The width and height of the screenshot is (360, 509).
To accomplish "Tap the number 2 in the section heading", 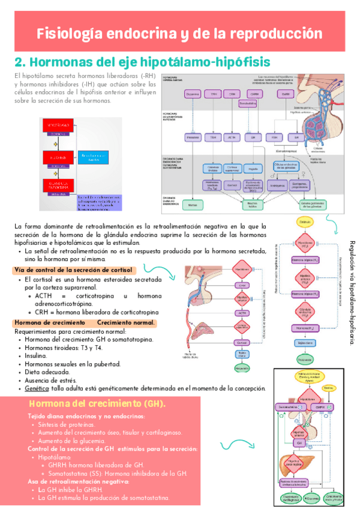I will pyautogui.click(x=18, y=62).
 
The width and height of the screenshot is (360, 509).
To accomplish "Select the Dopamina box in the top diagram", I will pyautogui.click(x=193, y=94).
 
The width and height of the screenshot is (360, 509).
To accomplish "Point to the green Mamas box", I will pyautogui.click(x=193, y=205).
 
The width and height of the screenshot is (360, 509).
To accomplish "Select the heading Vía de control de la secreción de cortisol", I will pyautogui.click(x=73, y=270).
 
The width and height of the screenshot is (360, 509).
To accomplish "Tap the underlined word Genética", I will pyautogui.click(x=37, y=388).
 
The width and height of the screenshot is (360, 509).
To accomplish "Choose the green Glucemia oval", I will pyautogui.click(x=311, y=498).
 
